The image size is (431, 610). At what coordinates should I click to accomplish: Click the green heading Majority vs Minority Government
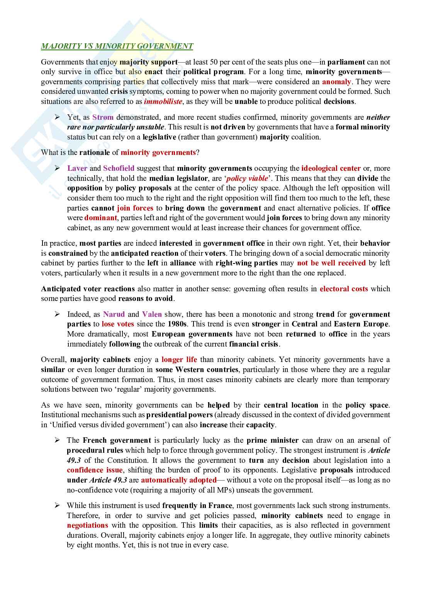coord(117,46)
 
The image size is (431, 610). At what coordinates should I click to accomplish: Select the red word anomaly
coord(336,82)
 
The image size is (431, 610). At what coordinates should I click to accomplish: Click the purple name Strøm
coord(103,117)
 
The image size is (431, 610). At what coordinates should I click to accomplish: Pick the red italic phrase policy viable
coord(247,178)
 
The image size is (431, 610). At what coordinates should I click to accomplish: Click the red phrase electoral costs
coord(344,289)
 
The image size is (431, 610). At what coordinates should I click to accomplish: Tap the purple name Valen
coord(152,314)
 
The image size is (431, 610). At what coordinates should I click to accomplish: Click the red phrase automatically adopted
coord(178,480)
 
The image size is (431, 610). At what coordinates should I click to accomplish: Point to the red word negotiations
coord(87,525)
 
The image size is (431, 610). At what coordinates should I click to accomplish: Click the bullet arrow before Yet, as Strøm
coord(58,117)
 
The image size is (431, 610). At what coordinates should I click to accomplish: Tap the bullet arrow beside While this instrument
coord(58,505)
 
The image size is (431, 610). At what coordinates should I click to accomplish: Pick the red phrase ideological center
coord(331,168)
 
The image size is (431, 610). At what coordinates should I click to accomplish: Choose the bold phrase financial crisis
coord(253,344)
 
